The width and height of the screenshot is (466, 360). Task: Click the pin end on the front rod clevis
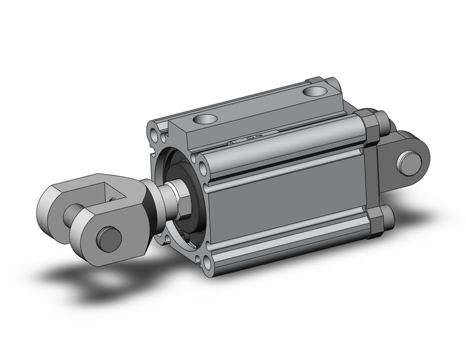tap(110, 237)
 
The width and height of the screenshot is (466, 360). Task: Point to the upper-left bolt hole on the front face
tap(153, 132)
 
